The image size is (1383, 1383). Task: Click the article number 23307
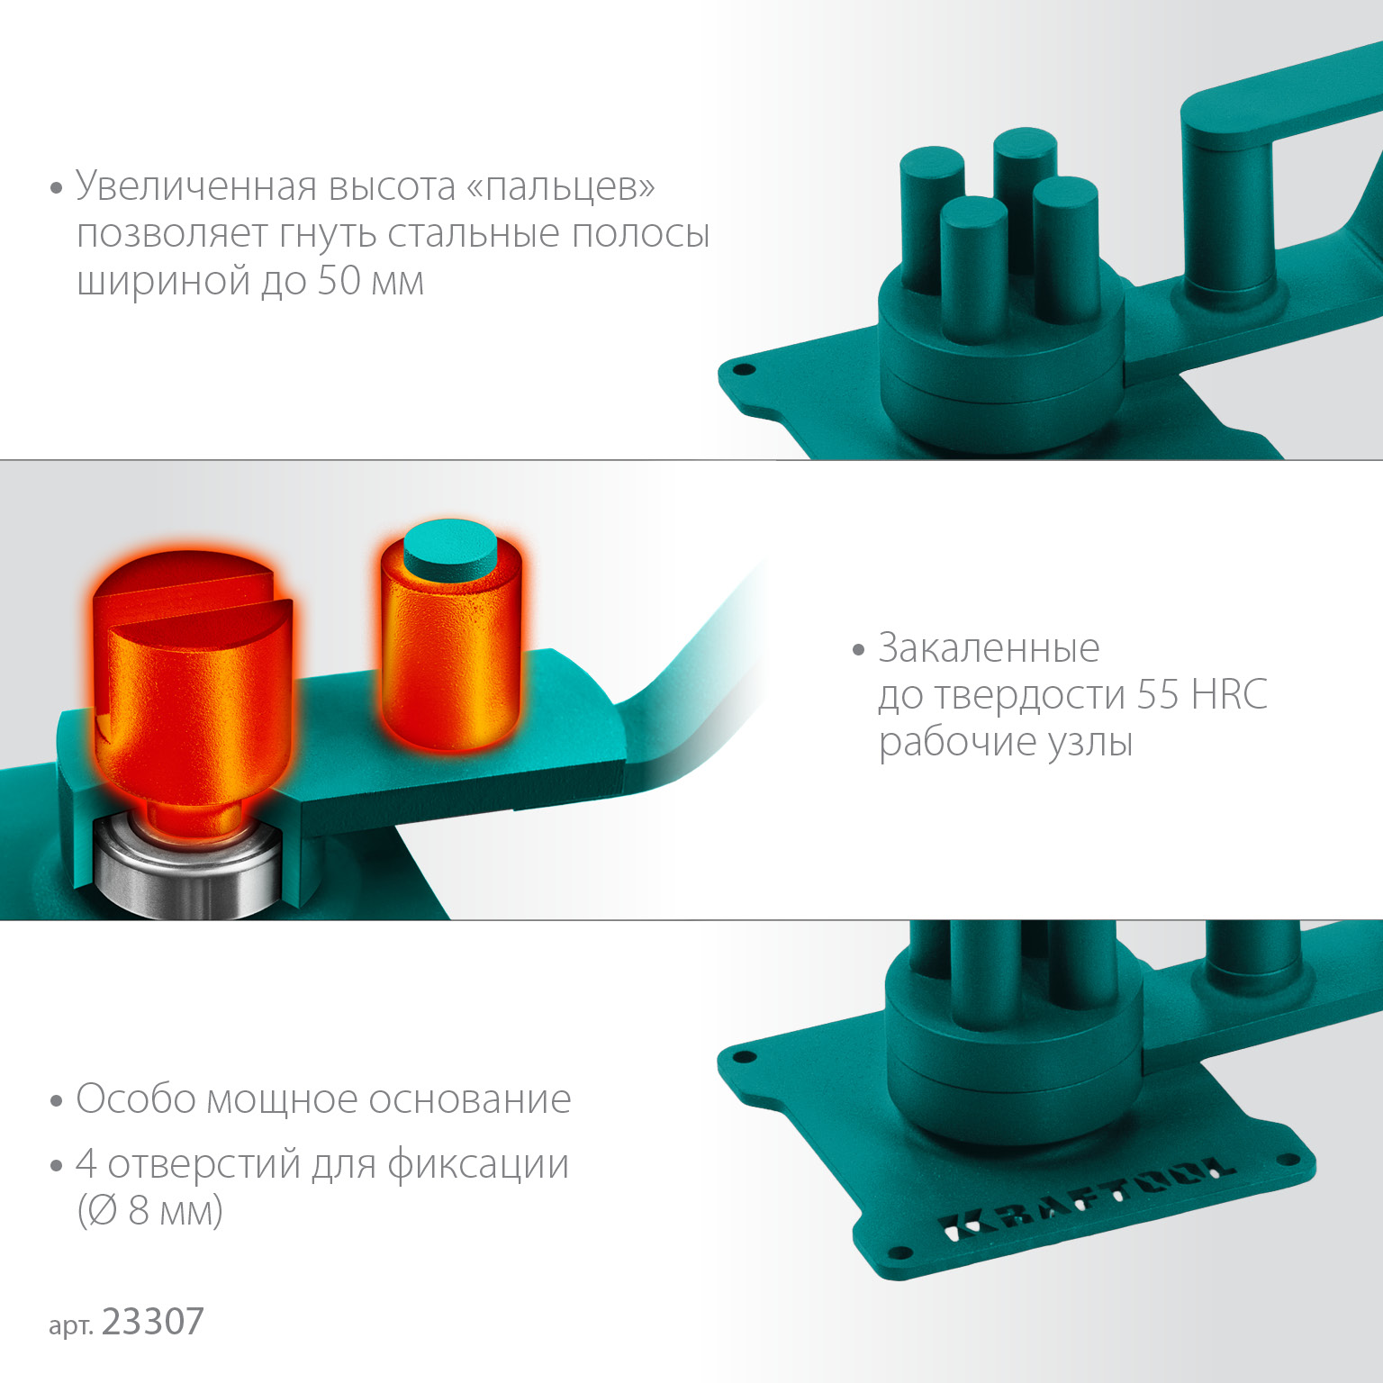(153, 1322)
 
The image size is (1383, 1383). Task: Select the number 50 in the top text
(339, 281)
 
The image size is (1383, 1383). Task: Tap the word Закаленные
(989, 648)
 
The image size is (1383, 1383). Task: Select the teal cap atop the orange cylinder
(449, 546)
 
